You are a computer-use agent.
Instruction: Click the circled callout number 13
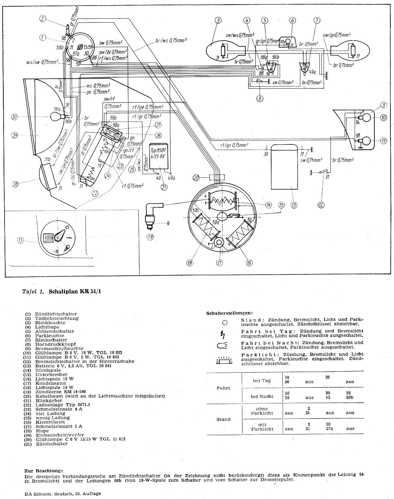point(294,205)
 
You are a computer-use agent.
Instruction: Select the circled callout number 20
point(196,177)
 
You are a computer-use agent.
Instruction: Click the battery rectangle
point(284,167)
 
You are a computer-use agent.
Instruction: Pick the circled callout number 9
point(384,105)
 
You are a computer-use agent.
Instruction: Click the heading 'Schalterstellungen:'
point(230,313)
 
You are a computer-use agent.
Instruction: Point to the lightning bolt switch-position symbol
point(224,334)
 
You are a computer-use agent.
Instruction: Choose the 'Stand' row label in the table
point(223,419)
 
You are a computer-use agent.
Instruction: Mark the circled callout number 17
point(219,262)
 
